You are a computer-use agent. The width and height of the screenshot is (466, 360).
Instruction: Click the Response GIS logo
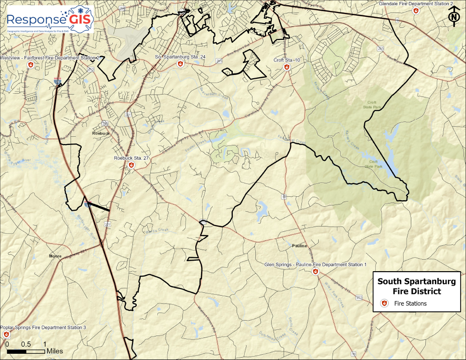point(50,19)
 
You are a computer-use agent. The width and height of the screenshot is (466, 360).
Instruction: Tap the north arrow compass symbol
point(454,17)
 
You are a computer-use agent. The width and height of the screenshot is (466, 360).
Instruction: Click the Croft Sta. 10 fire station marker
point(286,67)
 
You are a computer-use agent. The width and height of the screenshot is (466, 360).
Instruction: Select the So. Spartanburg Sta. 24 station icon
point(180,63)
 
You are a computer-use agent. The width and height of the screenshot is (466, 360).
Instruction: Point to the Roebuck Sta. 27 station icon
point(131,165)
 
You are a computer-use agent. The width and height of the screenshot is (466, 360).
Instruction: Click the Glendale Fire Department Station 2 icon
point(416,11)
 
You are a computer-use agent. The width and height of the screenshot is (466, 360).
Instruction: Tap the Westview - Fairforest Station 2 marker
point(30,64)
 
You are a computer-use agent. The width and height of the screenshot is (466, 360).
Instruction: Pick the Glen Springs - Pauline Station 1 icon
point(315,272)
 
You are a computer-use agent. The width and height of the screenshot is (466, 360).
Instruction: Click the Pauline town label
point(299,246)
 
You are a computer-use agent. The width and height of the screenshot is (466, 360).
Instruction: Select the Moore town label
point(55,256)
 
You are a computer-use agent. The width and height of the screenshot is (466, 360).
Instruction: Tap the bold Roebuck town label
point(101,134)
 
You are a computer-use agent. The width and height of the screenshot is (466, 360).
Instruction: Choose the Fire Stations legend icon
point(384,303)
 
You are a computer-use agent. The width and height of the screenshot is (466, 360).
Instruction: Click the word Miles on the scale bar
point(55,351)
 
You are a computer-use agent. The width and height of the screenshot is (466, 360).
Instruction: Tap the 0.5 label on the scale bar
point(26,345)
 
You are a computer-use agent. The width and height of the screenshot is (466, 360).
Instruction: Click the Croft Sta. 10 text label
point(287,60)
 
